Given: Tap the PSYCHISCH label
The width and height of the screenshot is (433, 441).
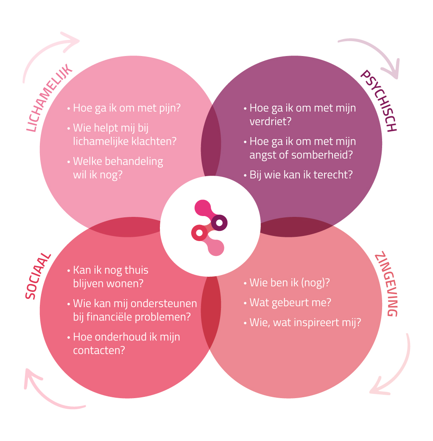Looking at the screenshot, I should pos(378,101).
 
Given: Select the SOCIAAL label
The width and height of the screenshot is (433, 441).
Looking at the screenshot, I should pos(38,276).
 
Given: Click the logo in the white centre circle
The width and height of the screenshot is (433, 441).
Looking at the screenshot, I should pos(210,228).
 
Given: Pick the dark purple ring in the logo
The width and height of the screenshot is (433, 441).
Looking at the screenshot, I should pos(219,222).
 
